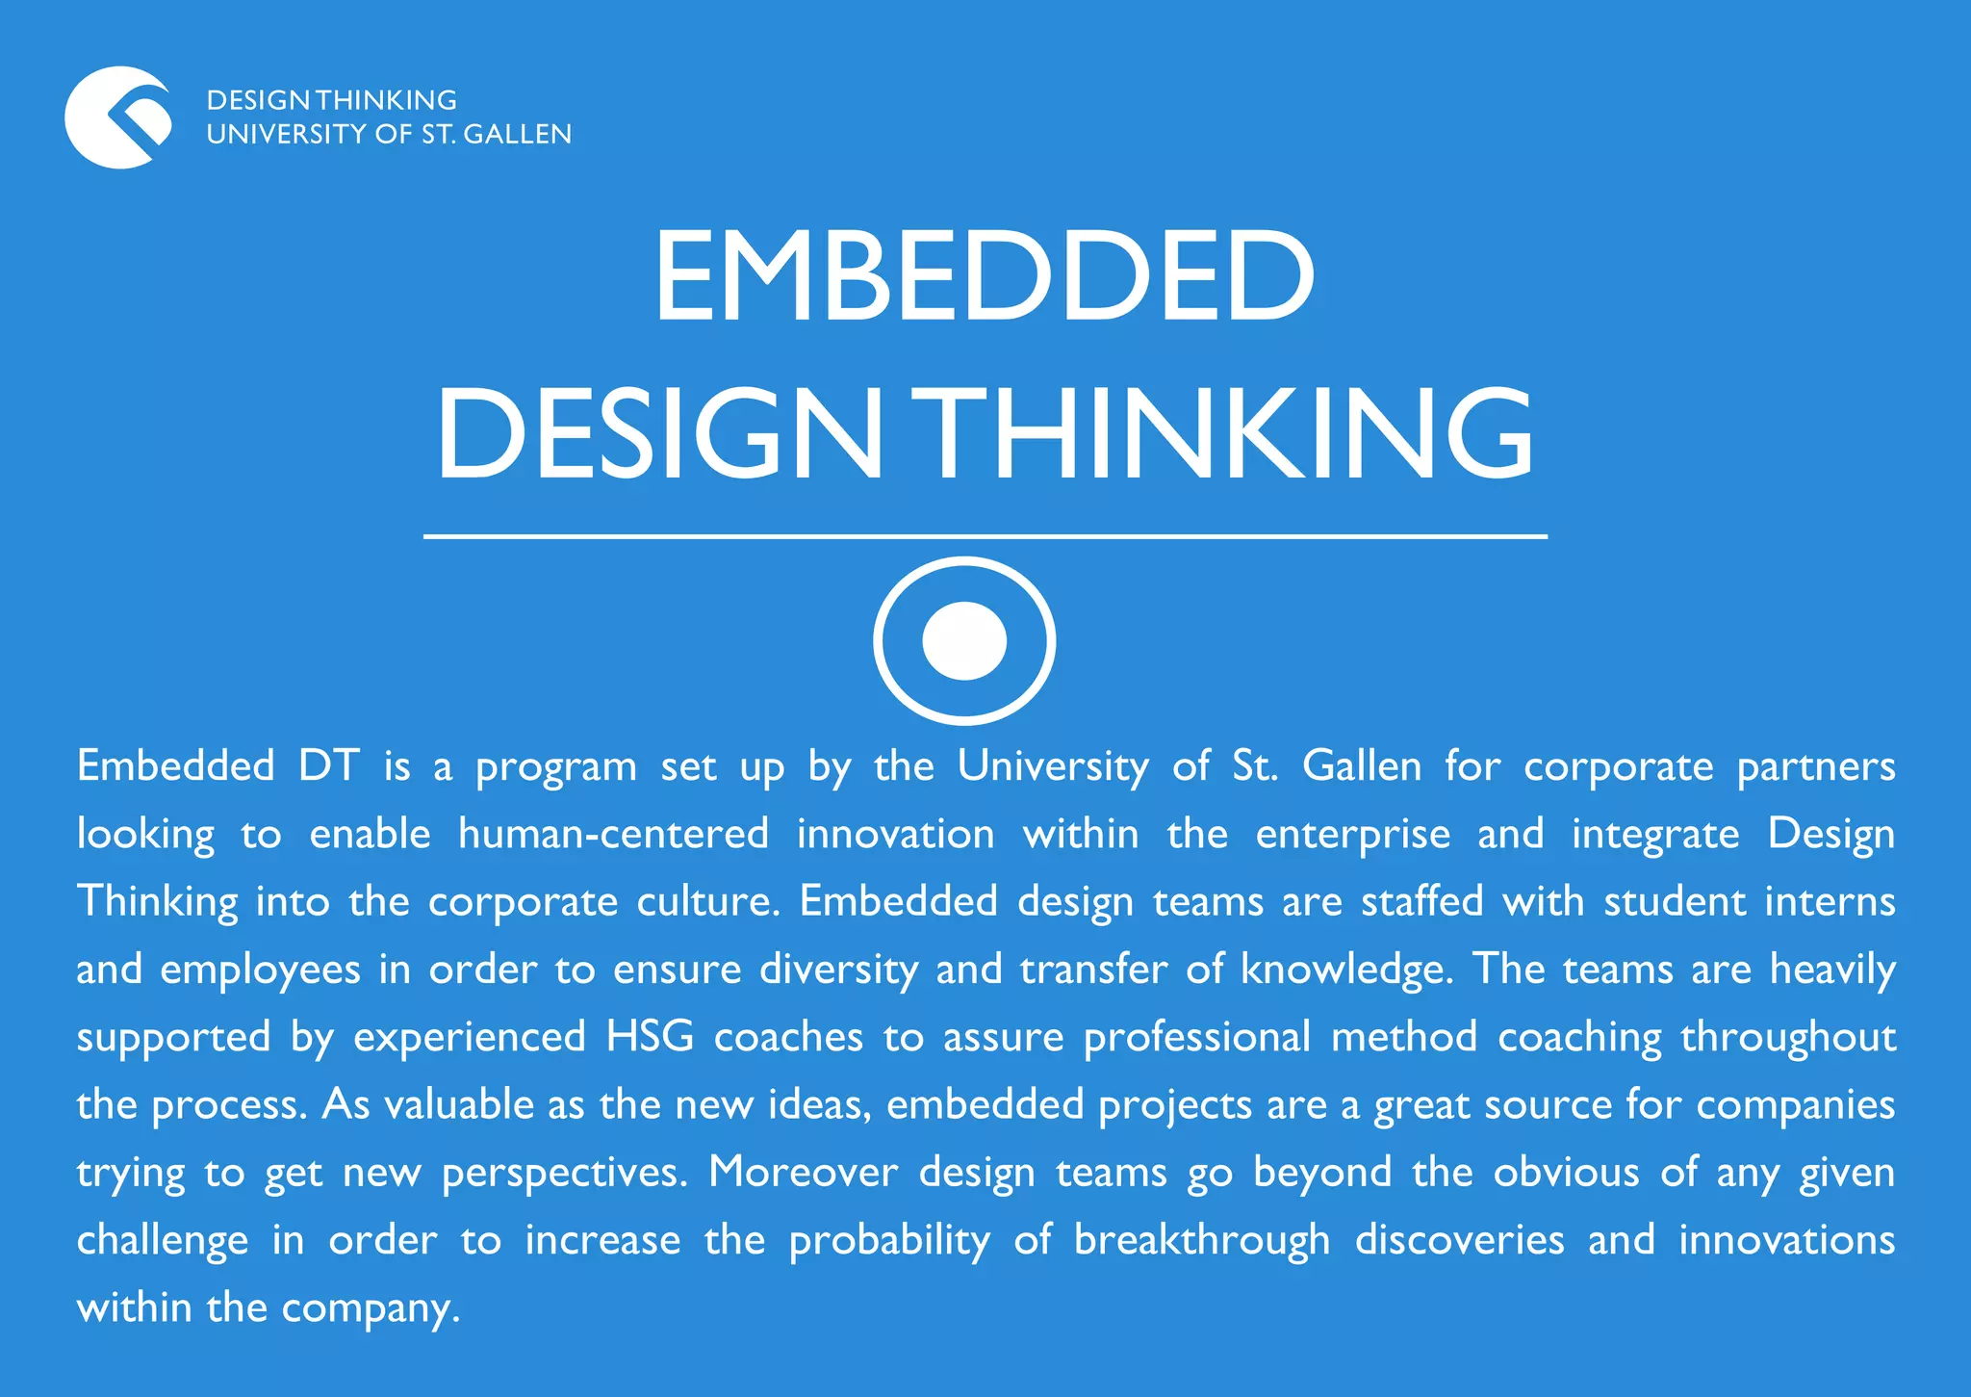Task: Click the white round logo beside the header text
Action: coord(118,117)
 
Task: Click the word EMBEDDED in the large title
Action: coord(984,275)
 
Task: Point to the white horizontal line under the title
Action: coord(985,536)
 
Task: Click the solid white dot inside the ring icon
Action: coord(964,640)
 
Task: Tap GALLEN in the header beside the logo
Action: coord(518,134)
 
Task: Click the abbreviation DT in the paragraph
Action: coord(328,766)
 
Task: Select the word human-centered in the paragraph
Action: coord(613,834)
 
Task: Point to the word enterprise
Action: coord(1352,834)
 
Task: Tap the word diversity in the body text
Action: coord(838,970)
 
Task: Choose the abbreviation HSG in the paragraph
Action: coord(650,1037)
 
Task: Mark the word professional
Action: coord(1196,1037)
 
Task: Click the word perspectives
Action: coord(564,1173)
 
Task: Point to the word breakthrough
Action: coord(1202,1240)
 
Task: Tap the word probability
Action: coord(889,1240)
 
